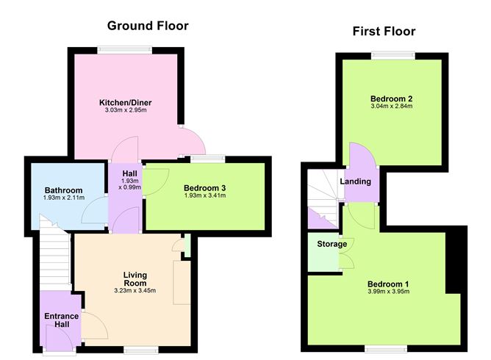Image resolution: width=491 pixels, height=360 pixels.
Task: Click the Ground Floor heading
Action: click(148, 26)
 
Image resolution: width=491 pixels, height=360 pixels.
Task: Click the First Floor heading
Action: click(384, 31)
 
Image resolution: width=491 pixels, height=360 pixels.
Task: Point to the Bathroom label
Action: click(63, 189)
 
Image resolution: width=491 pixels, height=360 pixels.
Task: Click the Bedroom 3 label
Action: click(204, 187)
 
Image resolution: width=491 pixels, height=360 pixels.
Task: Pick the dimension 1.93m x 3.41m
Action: click(204, 197)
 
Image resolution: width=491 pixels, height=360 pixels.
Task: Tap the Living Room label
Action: click(135, 280)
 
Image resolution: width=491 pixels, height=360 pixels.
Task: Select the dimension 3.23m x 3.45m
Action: click(135, 290)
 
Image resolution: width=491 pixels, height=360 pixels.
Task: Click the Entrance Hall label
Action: click(60, 321)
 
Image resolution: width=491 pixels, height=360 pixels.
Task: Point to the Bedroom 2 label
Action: click(391, 98)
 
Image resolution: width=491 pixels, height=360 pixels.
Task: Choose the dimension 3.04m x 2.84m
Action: click(391, 107)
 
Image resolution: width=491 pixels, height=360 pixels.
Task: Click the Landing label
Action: click(355, 181)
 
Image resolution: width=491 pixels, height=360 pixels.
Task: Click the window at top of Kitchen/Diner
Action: click(125, 50)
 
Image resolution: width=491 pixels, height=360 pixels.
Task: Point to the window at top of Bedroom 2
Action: click(393, 55)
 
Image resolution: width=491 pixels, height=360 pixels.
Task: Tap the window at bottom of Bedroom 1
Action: click(387, 347)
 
